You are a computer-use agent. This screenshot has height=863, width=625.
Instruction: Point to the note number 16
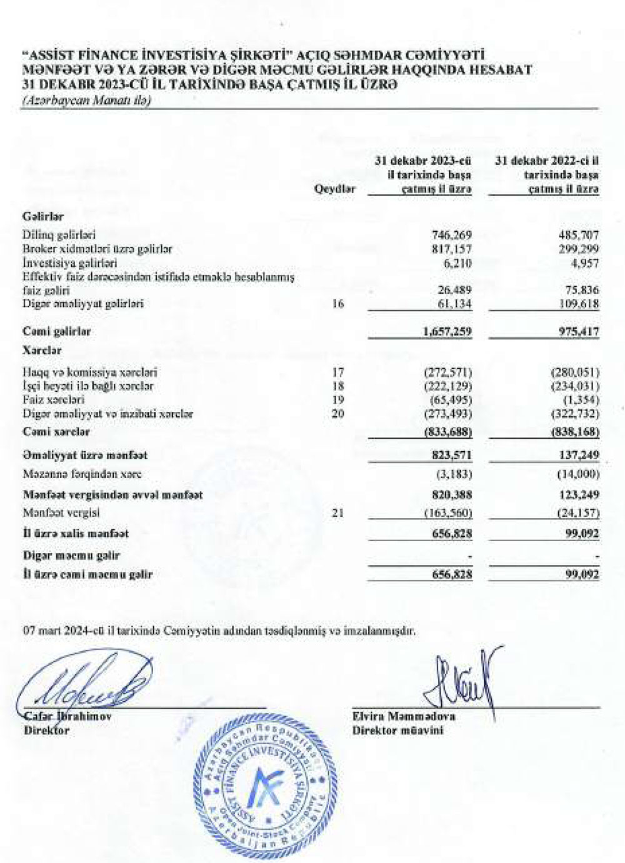pyautogui.click(x=338, y=304)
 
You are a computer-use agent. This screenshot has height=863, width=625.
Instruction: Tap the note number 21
pyautogui.click(x=338, y=514)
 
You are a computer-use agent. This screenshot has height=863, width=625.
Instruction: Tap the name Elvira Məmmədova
pyautogui.click(x=404, y=717)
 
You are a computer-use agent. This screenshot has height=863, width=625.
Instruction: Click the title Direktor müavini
pyautogui.click(x=397, y=730)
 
